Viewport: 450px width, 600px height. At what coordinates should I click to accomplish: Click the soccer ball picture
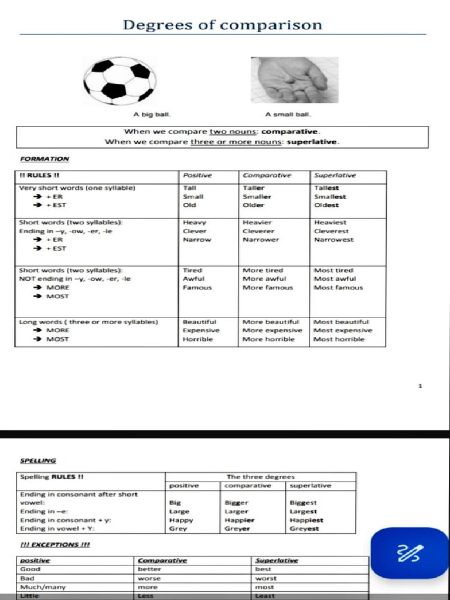tap(120, 80)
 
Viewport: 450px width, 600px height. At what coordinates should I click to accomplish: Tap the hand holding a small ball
tap(294, 80)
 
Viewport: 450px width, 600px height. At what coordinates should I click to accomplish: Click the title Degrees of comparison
tap(222, 25)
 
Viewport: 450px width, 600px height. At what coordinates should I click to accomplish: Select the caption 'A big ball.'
tap(152, 115)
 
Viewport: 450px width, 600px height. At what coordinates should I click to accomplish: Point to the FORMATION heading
tap(45, 159)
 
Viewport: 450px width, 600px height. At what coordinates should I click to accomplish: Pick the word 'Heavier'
tap(257, 223)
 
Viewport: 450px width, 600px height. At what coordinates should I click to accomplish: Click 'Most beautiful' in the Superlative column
tap(341, 322)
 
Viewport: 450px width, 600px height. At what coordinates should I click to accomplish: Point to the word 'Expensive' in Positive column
tap(201, 330)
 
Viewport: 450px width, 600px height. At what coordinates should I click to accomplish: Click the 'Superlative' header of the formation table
tap(335, 175)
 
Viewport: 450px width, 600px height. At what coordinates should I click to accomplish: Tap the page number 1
tap(420, 386)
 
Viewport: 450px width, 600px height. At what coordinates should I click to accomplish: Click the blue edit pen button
tap(410, 553)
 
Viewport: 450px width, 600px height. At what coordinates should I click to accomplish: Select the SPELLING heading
tap(38, 461)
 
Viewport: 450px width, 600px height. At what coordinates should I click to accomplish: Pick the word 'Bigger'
tap(237, 503)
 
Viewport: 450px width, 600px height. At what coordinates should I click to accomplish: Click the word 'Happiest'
tap(306, 520)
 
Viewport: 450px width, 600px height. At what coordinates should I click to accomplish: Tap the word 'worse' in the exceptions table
tap(149, 578)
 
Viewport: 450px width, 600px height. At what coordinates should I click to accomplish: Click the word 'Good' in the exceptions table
tap(30, 569)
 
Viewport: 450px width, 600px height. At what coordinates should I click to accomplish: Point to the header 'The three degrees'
tap(260, 477)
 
